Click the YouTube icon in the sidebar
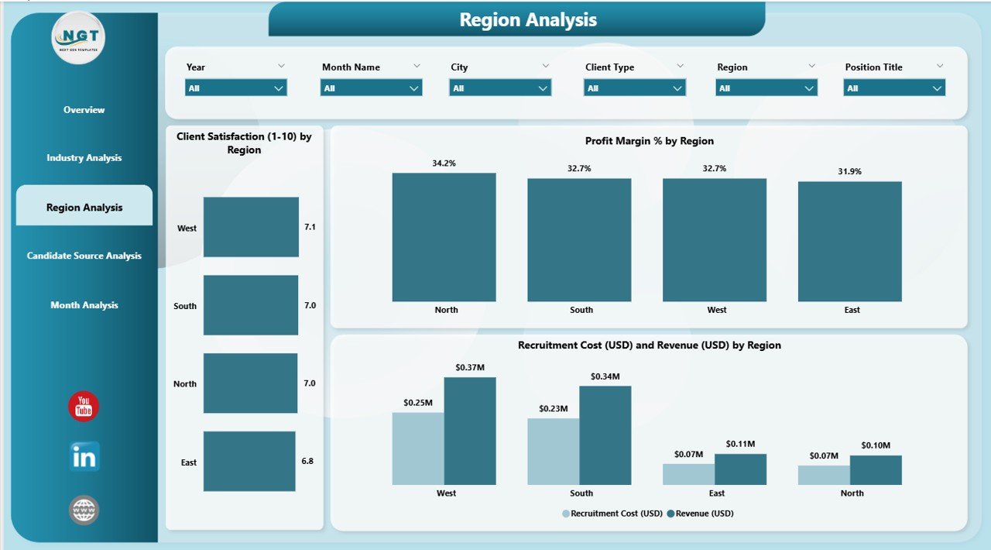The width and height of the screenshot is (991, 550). (84, 407)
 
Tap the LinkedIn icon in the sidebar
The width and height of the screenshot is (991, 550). (84, 457)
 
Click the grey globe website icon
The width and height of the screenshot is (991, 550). (84, 510)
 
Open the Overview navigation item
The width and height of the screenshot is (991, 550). (84, 110)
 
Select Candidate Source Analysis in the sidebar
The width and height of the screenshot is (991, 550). (84, 256)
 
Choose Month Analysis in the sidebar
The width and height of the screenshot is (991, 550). (84, 305)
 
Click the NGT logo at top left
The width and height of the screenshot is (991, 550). (78, 37)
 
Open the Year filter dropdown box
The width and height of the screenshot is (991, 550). (236, 88)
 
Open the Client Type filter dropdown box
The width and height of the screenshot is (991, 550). (634, 88)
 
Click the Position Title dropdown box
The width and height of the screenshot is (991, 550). (894, 88)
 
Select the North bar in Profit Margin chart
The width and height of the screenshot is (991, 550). (444, 237)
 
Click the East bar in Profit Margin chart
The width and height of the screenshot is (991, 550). (849, 242)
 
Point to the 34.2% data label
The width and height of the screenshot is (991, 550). (444, 163)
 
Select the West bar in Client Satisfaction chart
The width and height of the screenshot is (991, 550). (251, 227)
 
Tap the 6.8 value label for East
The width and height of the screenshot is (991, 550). (308, 461)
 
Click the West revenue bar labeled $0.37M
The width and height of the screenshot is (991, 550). (470, 431)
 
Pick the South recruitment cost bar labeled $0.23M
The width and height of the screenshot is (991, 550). (553, 452)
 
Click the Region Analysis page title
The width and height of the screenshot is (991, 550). (528, 20)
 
